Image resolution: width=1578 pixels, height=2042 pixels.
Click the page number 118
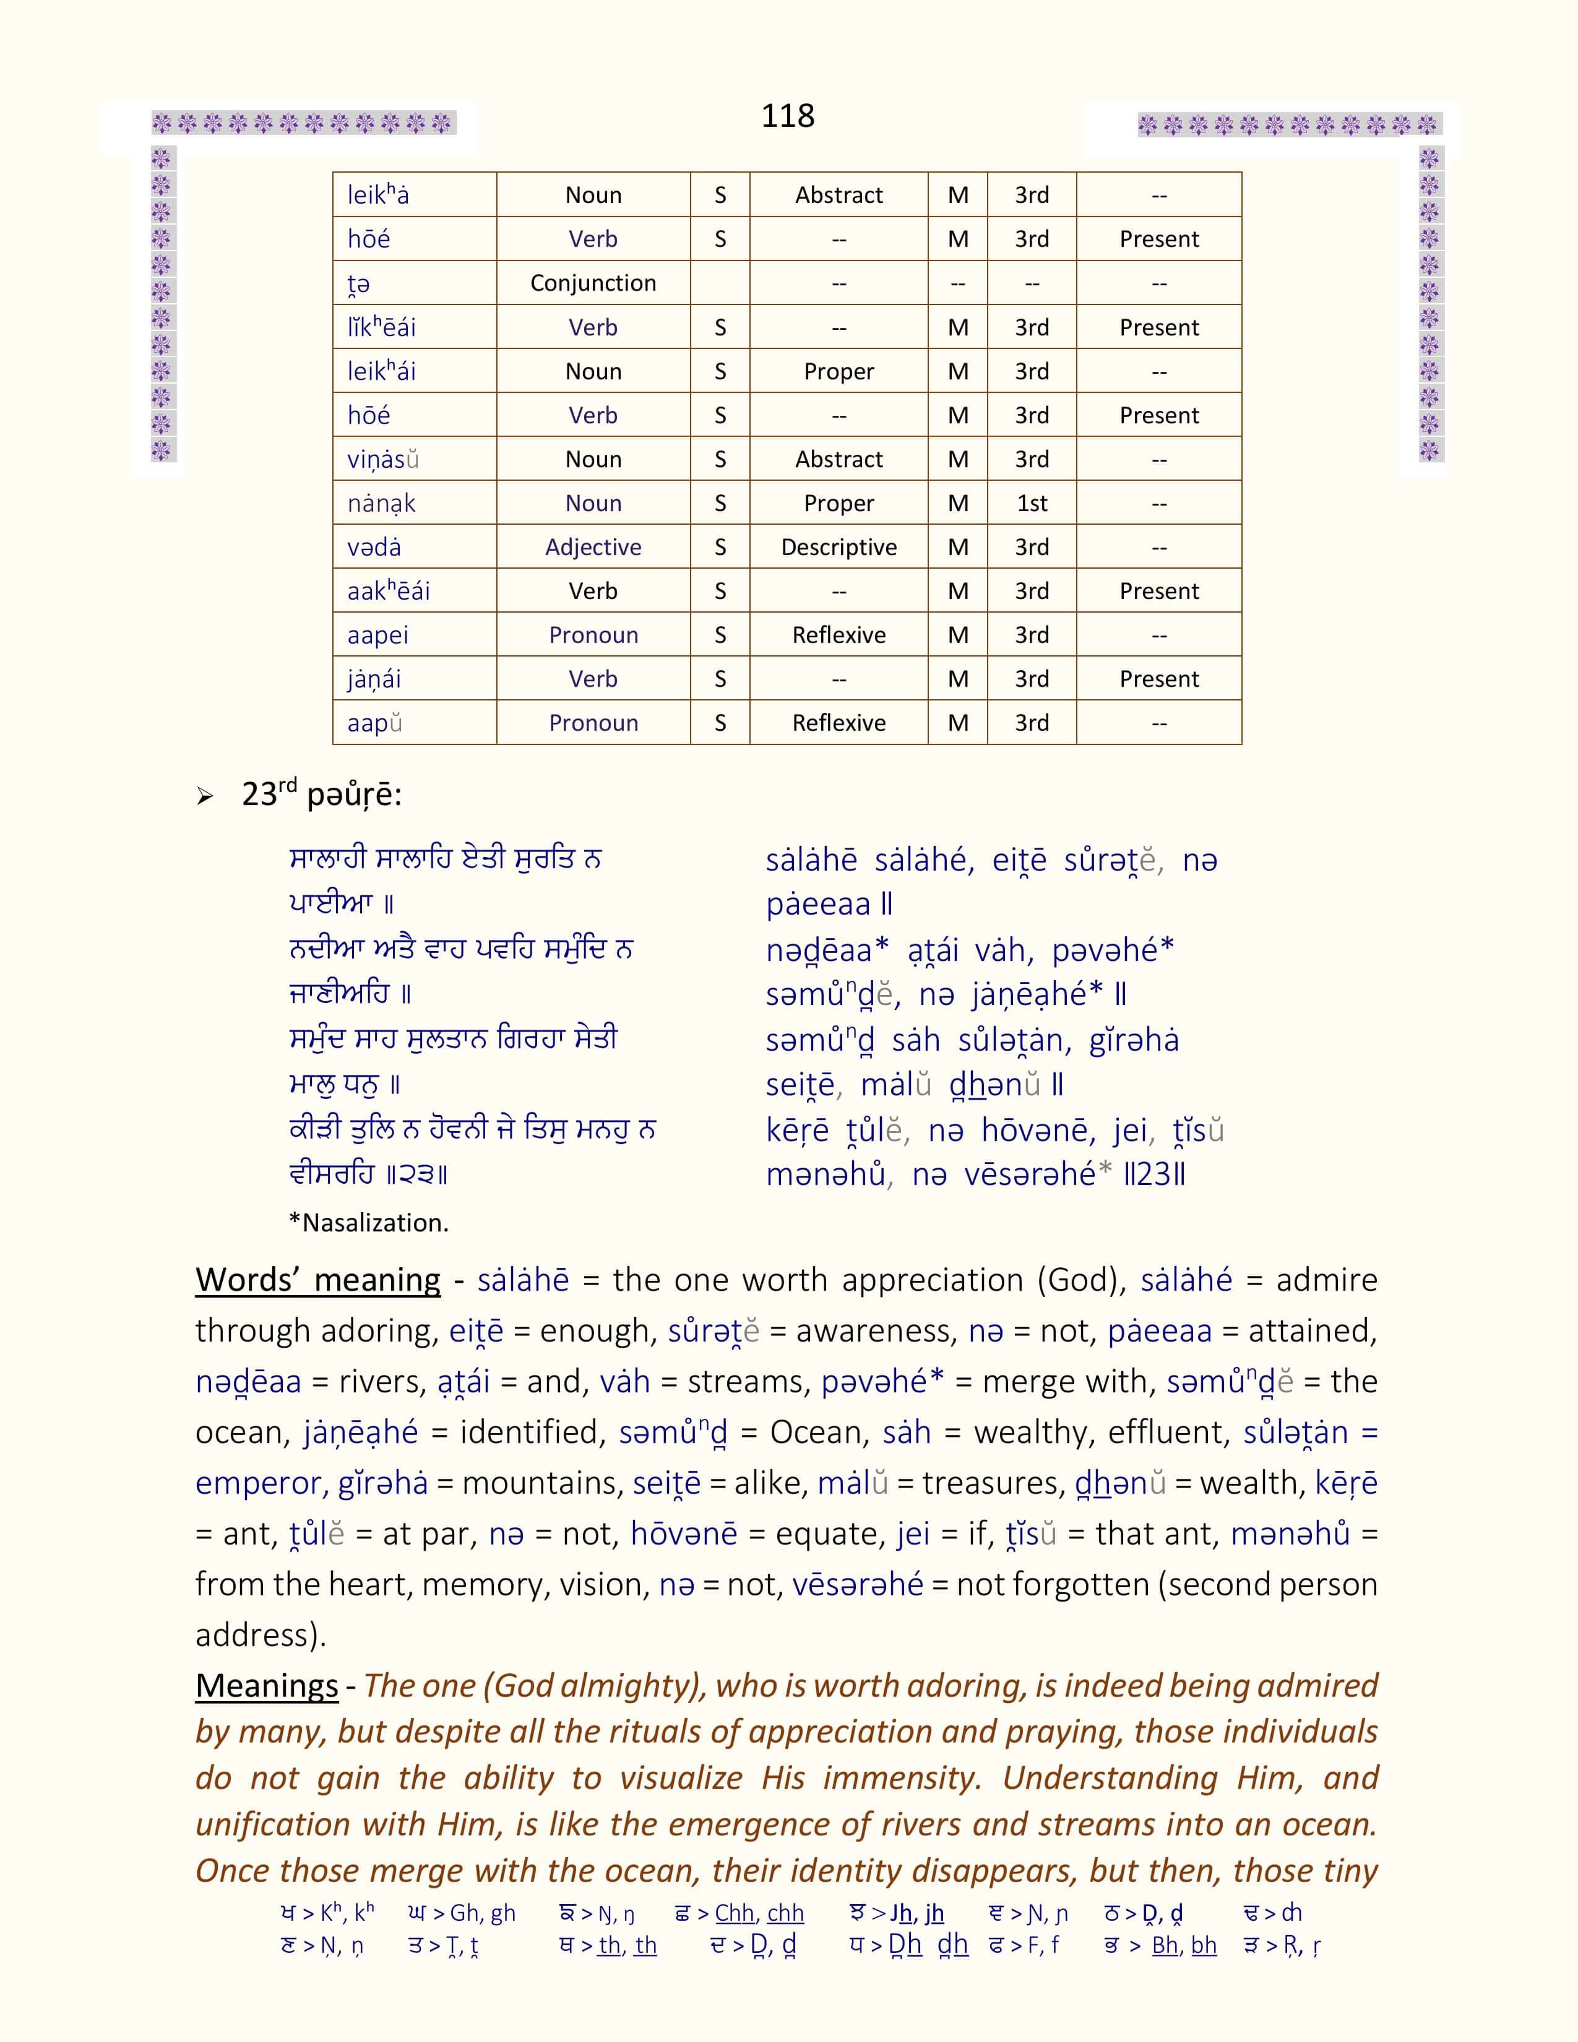click(787, 116)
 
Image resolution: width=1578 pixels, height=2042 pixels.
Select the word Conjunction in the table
click(593, 283)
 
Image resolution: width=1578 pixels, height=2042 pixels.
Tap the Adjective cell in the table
click(593, 547)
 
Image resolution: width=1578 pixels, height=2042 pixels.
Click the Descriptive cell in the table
click(839, 547)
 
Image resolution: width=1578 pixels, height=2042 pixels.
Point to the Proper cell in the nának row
click(839, 503)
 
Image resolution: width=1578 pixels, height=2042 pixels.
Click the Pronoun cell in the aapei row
click(593, 635)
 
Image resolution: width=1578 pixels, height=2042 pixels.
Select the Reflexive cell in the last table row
click(839, 723)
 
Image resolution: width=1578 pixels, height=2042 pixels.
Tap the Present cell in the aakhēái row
click(1158, 591)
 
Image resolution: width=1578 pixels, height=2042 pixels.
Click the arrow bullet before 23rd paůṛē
click(205, 796)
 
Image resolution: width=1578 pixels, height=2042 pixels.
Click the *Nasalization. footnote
click(368, 1223)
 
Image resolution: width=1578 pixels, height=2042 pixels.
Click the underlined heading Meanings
click(267, 1685)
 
